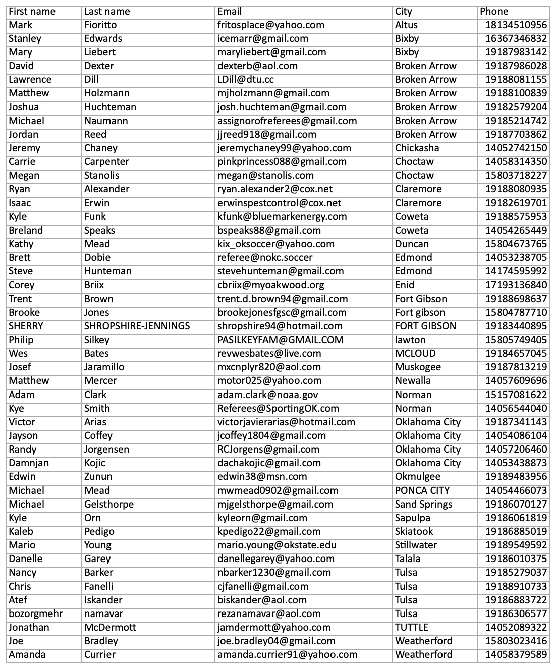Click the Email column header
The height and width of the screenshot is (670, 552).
tap(230, 11)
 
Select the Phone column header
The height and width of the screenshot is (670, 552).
tap(494, 11)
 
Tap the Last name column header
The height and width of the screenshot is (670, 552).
tap(107, 11)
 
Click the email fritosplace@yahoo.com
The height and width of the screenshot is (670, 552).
tap(271, 25)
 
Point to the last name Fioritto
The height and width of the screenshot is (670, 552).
tap(100, 25)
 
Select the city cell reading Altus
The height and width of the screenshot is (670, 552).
tap(406, 25)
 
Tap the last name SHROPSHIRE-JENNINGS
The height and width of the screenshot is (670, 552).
tap(137, 326)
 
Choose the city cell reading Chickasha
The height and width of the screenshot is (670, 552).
tap(417, 148)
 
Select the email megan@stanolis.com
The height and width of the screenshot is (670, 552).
tap(265, 175)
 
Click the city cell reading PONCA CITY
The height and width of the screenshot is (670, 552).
tap(422, 490)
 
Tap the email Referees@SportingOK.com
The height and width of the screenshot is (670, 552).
tap(278, 408)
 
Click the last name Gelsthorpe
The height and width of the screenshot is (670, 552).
tap(109, 504)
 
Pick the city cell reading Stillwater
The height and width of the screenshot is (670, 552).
tap(416, 545)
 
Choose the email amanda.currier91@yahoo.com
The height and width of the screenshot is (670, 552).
tap(287, 654)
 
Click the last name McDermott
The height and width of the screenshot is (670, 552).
tap(110, 627)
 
